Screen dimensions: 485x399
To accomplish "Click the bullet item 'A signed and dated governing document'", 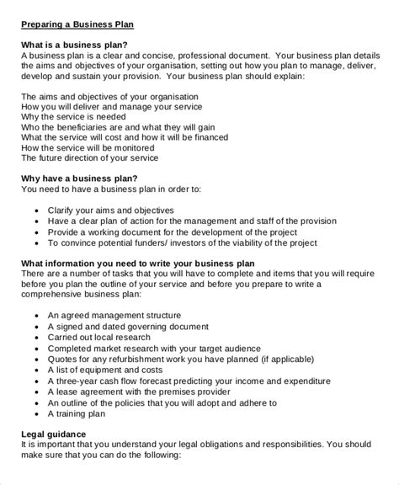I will [x=140, y=325].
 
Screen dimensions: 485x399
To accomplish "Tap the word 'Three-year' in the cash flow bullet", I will [x=81, y=381].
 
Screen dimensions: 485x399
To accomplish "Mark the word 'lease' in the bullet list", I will [x=69, y=392].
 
